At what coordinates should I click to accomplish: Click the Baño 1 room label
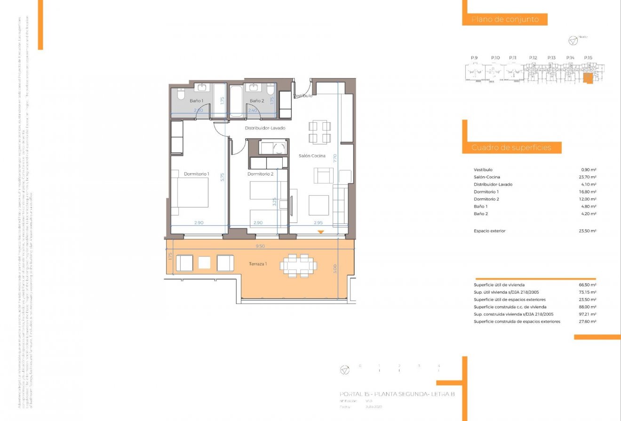click(196, 101)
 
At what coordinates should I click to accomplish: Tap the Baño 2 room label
click(256, 101)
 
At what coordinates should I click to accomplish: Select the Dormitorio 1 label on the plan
click(196, 174)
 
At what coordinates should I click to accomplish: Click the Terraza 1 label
click(258, 264)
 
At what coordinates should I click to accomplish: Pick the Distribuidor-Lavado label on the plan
click(265, 128)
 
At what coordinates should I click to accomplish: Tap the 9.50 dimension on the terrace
click(260, 246)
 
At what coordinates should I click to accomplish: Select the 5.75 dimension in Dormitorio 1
click(223, 177)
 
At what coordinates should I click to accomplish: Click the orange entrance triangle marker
click(320, 232)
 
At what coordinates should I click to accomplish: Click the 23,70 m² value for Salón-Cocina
click(588, 177)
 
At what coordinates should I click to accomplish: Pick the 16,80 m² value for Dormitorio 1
click(588, 192)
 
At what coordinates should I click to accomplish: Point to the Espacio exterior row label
click(489, 231)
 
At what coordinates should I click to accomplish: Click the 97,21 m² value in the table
click(588, 314)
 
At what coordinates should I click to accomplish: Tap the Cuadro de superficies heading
click(511, 148)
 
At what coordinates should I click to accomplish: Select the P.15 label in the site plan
click(588, 58)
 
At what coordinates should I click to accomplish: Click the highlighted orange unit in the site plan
click(588, 78)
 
